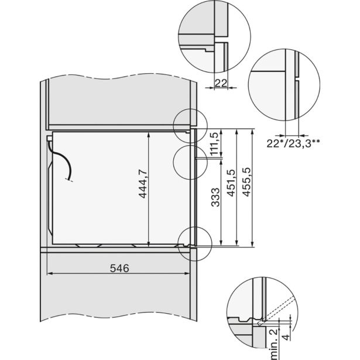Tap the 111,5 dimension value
[x=215, y=143]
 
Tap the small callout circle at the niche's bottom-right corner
[x=193, y=239]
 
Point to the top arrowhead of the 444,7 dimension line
[x=149, y=134]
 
